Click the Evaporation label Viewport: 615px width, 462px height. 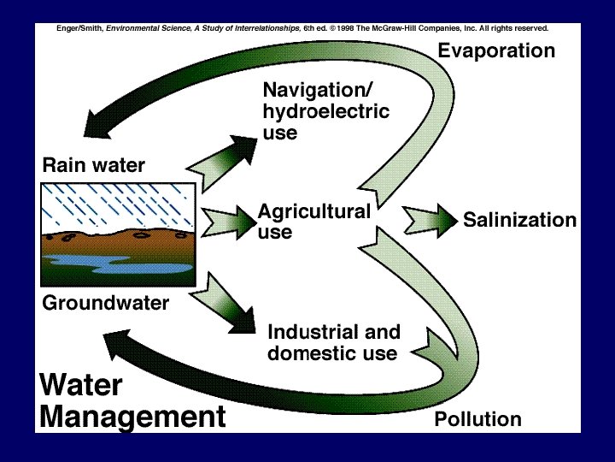tap(496, 51)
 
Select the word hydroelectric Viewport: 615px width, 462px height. tap(325, 112)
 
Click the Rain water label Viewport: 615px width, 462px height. tap(94, 165)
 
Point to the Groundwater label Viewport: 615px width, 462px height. tap(105, 303)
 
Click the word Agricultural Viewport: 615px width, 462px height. tap(313, 211)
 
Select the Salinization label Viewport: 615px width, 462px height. tap(519, 221)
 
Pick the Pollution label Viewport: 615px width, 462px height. tap(477, 419)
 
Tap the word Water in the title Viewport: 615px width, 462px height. tap(81, 385)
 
